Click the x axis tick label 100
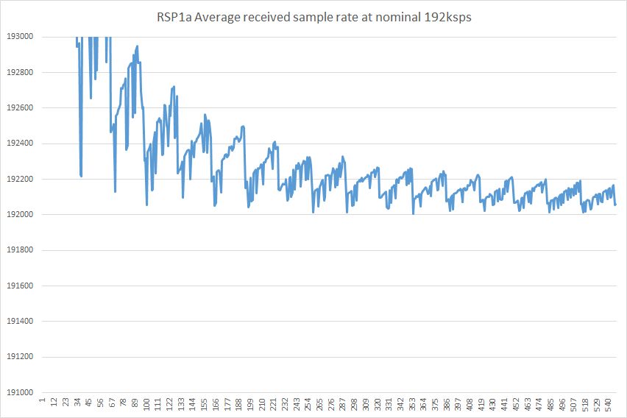tap(147, 404)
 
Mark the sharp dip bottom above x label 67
tap(115, 192)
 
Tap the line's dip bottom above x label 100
tap(147, 205)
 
